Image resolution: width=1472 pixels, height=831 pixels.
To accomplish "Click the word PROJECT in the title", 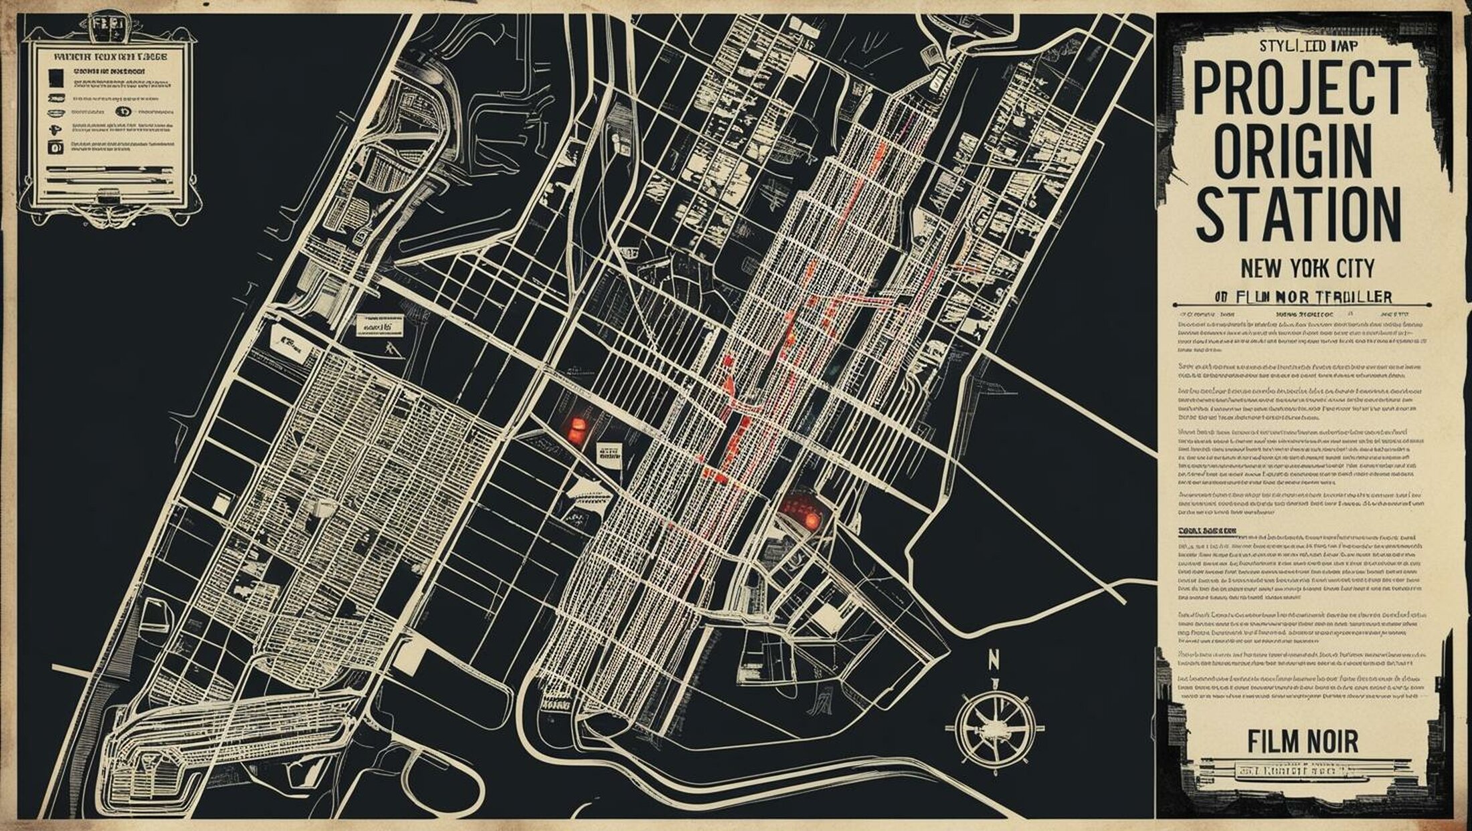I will pos(1301,88).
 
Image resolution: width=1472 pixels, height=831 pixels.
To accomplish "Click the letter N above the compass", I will pos(994,660).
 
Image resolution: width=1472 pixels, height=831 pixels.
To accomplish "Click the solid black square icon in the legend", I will pos(56,79).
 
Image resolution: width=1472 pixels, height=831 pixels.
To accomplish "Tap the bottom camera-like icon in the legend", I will pos(55,148).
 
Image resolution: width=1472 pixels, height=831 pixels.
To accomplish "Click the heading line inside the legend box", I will pos(110,57).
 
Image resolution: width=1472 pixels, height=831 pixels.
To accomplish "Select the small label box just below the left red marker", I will pos(608,454).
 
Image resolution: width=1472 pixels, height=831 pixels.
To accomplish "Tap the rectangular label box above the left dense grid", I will pos(379,326).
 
